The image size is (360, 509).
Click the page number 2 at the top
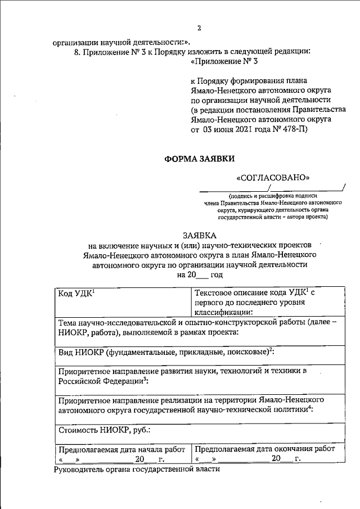click(199, 29)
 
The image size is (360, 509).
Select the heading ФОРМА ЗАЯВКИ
click(198, 159)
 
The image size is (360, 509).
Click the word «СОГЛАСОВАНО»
click(275, 177)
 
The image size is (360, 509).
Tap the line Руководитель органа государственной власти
click(134, 469)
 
